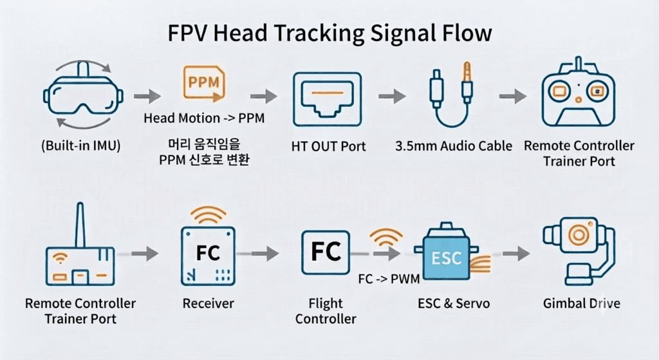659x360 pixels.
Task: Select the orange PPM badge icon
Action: pos(204,84)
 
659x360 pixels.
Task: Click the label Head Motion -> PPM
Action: pos(204,118)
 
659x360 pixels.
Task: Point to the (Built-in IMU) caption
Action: pos(80,146)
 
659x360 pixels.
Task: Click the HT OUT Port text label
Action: pos(328,146)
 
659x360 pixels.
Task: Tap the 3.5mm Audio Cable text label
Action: pos(454,146)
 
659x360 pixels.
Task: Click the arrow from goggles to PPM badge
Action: pos(147,97)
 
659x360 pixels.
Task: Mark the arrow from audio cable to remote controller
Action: pos(513,97)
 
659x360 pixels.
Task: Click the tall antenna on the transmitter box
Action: pos(80,225)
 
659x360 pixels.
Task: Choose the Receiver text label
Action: pos(208,303)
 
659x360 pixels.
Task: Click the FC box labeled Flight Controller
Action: pos(326,252)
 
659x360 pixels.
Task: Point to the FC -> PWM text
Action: pos(389,279)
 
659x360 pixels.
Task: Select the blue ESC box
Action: pos(446,257)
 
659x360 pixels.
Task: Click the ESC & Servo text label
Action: pos(454,303)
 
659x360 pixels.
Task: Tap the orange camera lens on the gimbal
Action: pos(579,234)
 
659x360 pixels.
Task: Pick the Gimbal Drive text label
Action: pos(581,303)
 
